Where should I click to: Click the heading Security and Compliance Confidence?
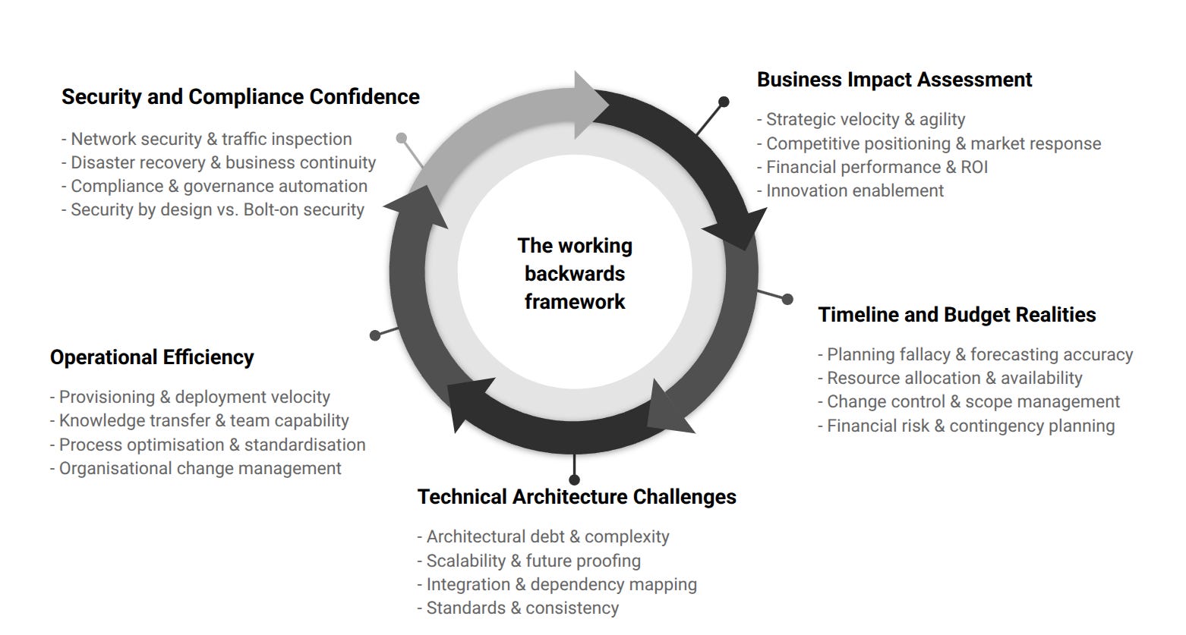[240, 97]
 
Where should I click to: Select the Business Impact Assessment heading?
[894, 80]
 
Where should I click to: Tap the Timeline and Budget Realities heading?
[957, 315]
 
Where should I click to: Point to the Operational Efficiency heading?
[152, 357]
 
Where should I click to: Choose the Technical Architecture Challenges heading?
[576, 497]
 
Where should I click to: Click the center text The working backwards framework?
[575, 273]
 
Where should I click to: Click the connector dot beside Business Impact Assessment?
[724, 102]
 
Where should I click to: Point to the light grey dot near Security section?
[402, 138]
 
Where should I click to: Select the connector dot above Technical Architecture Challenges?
[574, 479]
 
